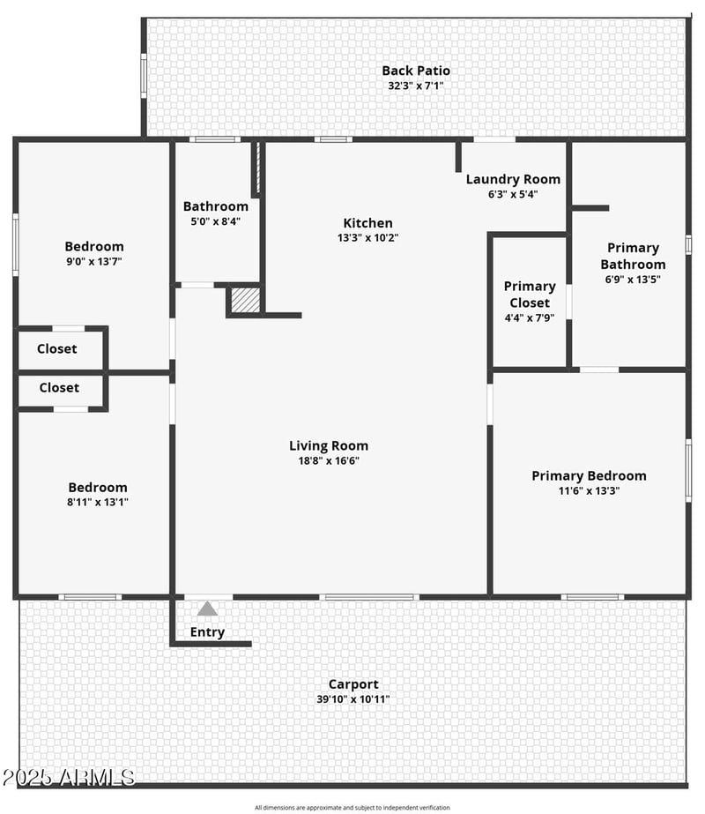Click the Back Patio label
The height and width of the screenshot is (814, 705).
click(x=416, y=71)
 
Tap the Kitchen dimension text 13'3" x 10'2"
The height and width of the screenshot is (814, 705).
click(x=368, y=237)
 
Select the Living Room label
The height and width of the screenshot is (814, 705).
click(x=329, y=445)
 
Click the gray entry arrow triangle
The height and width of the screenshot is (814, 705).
click(x=207, y=608)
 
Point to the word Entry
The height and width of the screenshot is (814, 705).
click(x=207, y=631)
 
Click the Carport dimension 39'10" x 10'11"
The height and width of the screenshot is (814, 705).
click(x=353, y=699)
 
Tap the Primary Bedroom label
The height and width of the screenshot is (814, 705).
click(x=589, y=475)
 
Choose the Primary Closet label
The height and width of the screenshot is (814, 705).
click(x=530, y=294)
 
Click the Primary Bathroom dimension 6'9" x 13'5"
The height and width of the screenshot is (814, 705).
click(x=633, y=279)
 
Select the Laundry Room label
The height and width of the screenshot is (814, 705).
click(x=513, y=179)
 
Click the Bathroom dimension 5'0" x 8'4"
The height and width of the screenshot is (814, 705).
click(x=216, y=221)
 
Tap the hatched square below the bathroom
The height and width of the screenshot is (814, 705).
click(x=244, y=300)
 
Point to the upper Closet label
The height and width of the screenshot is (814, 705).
click(x=57, y=348)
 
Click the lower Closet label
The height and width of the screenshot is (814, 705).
click(x=59, y=387)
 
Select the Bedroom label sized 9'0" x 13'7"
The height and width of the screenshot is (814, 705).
click(x=94, y=246)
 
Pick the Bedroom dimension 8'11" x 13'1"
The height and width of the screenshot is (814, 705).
click(x=98, y=502)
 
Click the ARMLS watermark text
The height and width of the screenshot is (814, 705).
click(x=69, y=777)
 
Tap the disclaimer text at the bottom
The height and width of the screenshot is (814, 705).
click(x=352, y=807)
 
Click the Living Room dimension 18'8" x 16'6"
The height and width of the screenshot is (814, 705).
click(x=329, y=460)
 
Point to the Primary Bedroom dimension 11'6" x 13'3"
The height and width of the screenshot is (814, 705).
click(x=589, y=490)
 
